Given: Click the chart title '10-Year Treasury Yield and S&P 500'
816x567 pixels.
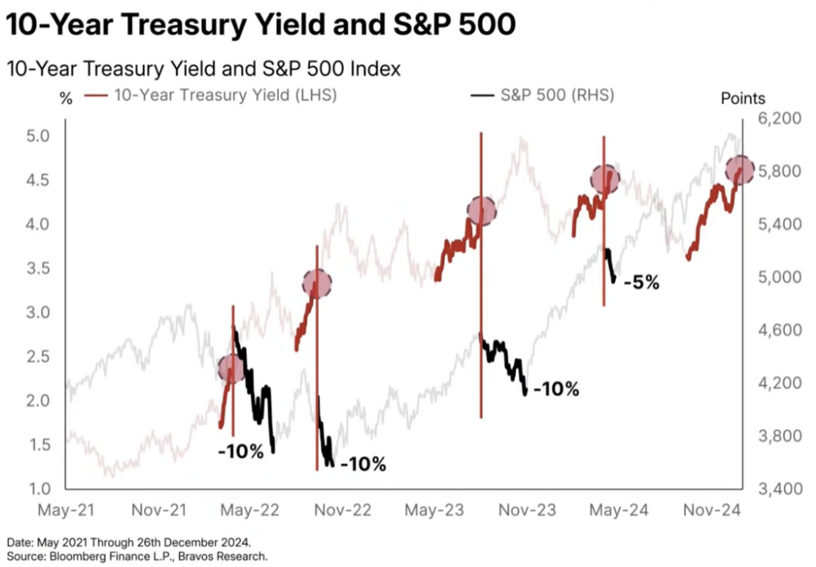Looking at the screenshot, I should point(261,26).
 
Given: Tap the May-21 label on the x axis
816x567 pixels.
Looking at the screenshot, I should point(67,511).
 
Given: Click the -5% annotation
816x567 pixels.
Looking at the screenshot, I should point(641,283).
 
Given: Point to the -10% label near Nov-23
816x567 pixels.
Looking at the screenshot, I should point(556,389).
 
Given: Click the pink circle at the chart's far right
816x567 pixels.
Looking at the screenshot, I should point(740,169).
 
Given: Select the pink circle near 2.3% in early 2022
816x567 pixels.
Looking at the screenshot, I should point(232,368).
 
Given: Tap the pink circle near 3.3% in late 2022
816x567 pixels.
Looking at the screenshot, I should point(317,283).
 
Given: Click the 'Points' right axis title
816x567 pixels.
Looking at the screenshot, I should point(743,99).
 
